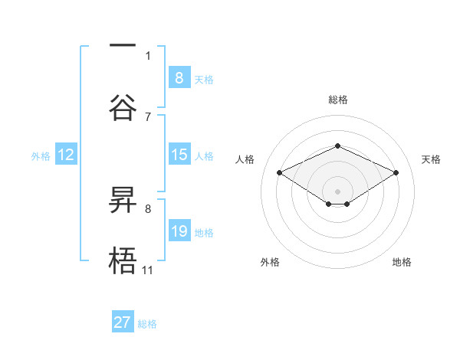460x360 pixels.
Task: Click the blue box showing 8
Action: coord(179,77)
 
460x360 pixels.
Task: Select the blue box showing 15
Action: coord(179,155)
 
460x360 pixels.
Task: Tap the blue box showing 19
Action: coord(179,231)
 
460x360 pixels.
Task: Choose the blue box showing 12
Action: coord(65,155)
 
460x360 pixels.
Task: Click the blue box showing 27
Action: coord(123,322)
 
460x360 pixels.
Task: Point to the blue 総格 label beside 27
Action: coord(147,324)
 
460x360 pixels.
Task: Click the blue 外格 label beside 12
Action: coord(41,155)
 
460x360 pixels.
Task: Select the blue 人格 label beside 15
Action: coord(204,155)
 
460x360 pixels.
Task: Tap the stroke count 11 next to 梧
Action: coord(147,270)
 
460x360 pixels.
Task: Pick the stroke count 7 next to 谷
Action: coord(148,116)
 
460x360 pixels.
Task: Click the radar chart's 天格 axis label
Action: coord(431,159)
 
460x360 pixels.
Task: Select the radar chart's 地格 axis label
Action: coord(402,262)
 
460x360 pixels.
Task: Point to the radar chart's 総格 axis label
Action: coord(337,100)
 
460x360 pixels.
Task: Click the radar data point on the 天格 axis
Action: coord(396,172)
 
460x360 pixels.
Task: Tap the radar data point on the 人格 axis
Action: coord(280,172)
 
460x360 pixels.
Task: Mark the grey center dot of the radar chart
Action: coord(337,191)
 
